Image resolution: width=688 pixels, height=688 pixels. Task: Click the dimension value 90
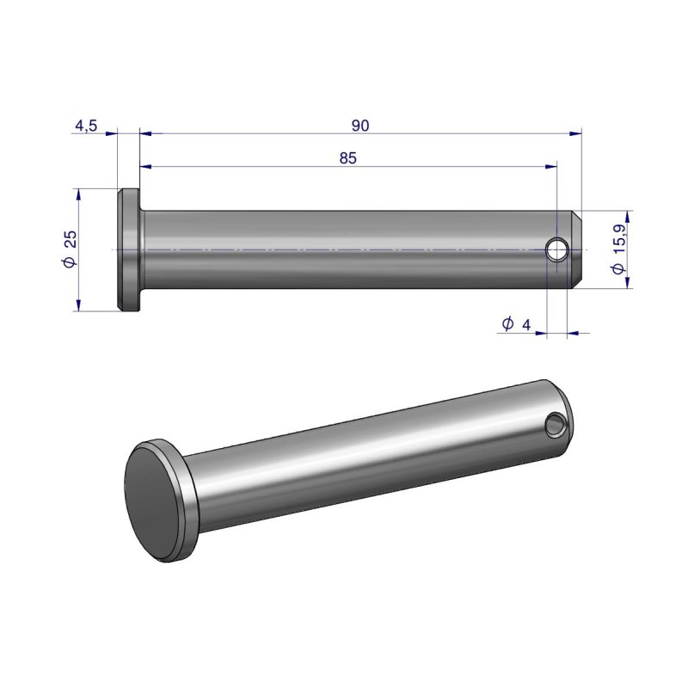tap(360, 126)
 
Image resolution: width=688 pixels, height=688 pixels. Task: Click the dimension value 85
tap(348, 158)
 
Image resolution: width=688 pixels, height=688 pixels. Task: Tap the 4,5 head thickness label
tap(86, 126)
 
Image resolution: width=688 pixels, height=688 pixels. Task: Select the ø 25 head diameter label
tap(70, 249)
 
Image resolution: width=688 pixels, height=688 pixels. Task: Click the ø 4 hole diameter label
tap(517, 324)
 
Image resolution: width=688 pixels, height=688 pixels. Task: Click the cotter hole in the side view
tap(557, 249)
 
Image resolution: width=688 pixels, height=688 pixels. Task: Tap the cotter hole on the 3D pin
tap(556, 424)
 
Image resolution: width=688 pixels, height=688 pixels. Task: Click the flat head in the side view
tap(129, 250)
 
